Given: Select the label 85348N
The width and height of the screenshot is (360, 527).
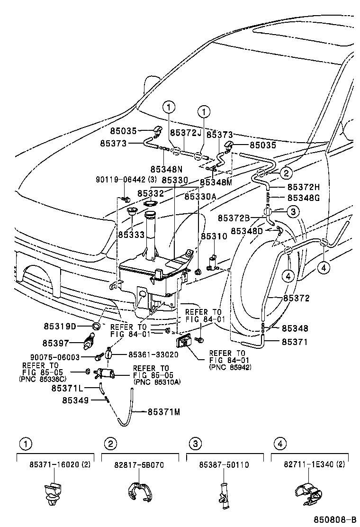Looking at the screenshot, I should coord(167,169).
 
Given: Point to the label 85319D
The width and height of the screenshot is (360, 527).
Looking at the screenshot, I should coord(60,326).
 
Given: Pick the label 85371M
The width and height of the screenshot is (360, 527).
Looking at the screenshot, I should coord(164,412).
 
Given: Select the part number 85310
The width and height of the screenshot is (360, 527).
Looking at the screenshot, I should coord(210,236).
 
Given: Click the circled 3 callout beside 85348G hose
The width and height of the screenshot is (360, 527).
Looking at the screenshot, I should coord(293,211).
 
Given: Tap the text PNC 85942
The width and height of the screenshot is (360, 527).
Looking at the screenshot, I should coord(230,367).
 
